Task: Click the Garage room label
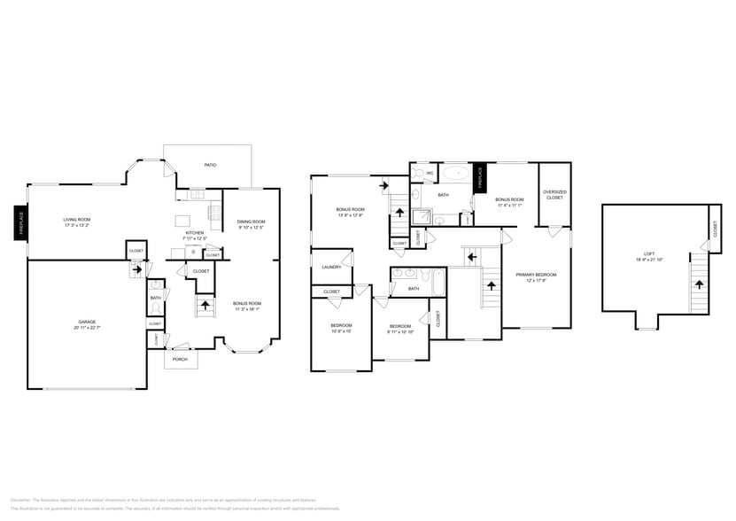[86, 322]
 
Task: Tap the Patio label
[210, 165]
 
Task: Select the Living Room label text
[77, 220]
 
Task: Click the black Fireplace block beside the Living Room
[20, 223]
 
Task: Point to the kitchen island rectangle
[184, 220]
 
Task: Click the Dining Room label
[251, 222]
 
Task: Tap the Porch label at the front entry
[181, 359]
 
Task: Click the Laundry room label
[332, 267]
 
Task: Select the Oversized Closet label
[554, 195]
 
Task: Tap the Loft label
[653, 254]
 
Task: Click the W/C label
[430, 173]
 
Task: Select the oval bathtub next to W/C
[457, 174]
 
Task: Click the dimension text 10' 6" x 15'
[341, 330]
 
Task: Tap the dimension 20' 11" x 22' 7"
[86, 328]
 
